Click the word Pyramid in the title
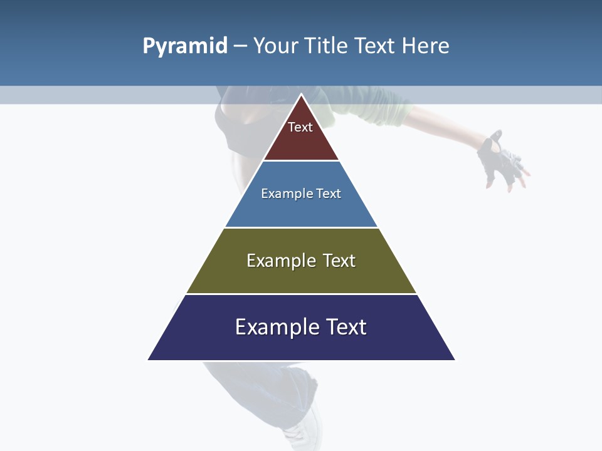point(185,46)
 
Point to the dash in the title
point(240,46)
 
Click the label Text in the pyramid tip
point(300,127)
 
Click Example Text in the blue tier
point(301,194)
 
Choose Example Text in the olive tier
point(301,261)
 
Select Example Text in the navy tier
point(301,327)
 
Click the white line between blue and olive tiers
point(301,227)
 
